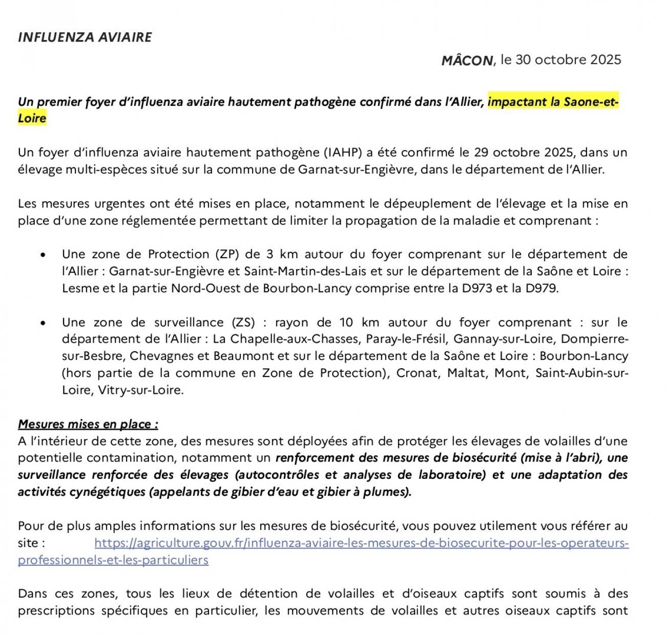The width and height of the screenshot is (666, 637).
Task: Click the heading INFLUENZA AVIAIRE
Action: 85,37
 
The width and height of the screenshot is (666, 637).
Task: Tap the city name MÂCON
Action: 467,60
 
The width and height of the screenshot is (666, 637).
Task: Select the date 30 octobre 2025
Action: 568,60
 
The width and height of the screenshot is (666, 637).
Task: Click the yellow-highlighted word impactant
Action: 517,101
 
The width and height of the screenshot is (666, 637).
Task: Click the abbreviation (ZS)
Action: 243,323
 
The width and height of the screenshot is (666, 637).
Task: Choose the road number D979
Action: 541,288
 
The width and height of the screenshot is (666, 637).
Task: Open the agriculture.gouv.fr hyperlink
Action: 361,543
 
